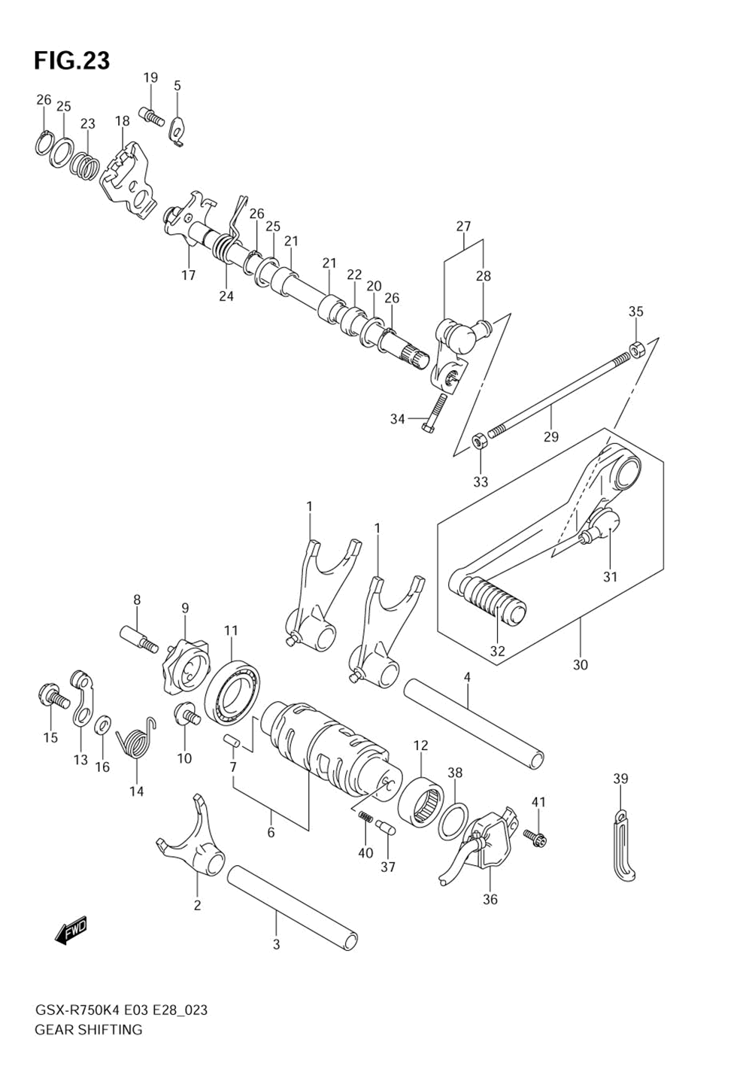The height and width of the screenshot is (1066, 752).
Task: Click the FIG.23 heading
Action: click(71, 60)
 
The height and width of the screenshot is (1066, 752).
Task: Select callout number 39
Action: click(620, 779)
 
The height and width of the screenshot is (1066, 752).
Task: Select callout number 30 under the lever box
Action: click(580, 665)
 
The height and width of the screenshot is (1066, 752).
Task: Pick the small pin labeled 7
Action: click(232, 740)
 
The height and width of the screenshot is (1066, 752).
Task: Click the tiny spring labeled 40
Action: click(365, 818)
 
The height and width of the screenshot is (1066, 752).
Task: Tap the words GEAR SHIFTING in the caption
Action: click(88, 1029)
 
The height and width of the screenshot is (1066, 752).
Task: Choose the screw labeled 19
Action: click(152, 117)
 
